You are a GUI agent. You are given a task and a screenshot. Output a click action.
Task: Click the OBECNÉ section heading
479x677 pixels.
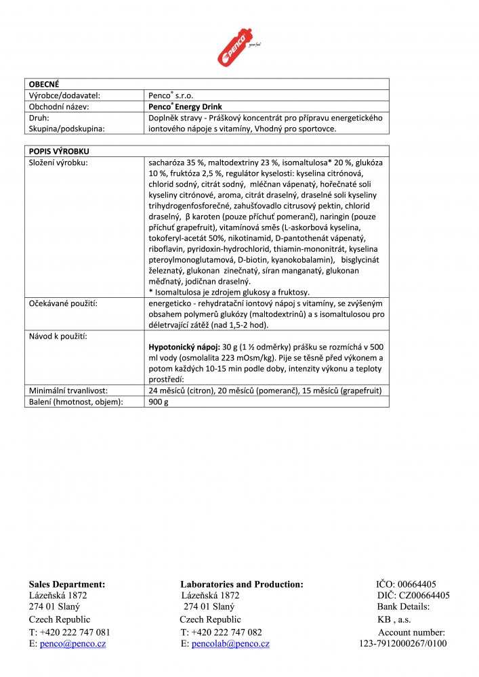(44, 84)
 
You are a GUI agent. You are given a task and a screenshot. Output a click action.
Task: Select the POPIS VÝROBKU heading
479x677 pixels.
(59, 151)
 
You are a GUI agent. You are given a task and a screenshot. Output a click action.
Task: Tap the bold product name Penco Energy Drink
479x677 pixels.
(185, 107)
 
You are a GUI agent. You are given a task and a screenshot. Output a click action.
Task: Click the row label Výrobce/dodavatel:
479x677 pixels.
(68, 95)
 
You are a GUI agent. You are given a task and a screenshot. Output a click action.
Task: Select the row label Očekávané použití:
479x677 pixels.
(62, 303)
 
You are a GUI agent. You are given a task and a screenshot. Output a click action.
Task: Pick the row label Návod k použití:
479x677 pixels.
(57, 336)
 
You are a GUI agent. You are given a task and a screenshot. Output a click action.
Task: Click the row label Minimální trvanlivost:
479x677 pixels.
(68, 391)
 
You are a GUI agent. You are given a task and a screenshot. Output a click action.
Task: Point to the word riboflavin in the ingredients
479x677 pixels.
(167, 249)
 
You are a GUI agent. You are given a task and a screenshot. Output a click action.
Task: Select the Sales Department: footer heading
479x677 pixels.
(66, 584)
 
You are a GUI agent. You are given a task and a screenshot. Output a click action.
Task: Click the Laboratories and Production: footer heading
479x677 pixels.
(242, 584)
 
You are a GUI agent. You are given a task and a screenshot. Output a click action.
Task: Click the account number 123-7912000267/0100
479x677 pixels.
(402, 644)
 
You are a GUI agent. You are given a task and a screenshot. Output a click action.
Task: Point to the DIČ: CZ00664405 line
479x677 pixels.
(413, 596)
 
